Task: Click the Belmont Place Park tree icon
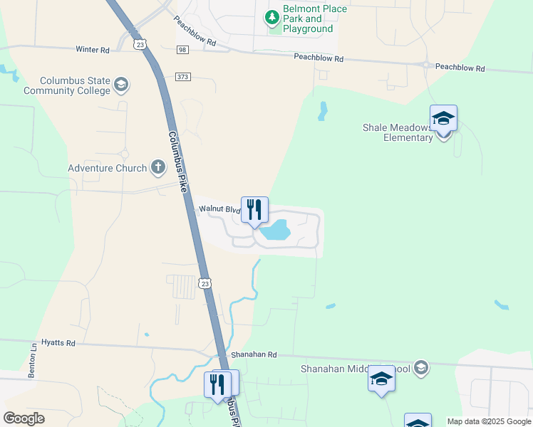(x=272, y=16)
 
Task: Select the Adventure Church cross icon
(x=157, y=168)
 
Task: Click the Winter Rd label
(x=93, y=50)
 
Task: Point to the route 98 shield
(x=183, y=48)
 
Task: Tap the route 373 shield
(x=183, y=77)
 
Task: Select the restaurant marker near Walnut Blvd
(x=254, y=210)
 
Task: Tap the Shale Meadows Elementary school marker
(x=443, y=119)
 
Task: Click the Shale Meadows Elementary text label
(x=398, y=132)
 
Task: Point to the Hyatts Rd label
(x=58, y=342)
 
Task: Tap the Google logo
(x=24, y=418)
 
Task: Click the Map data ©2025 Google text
(x=488, y=421)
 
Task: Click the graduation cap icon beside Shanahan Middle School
(x=420, y=368)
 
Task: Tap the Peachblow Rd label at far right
(x=460, y=68)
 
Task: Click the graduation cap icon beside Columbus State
(x=120, y=85)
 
